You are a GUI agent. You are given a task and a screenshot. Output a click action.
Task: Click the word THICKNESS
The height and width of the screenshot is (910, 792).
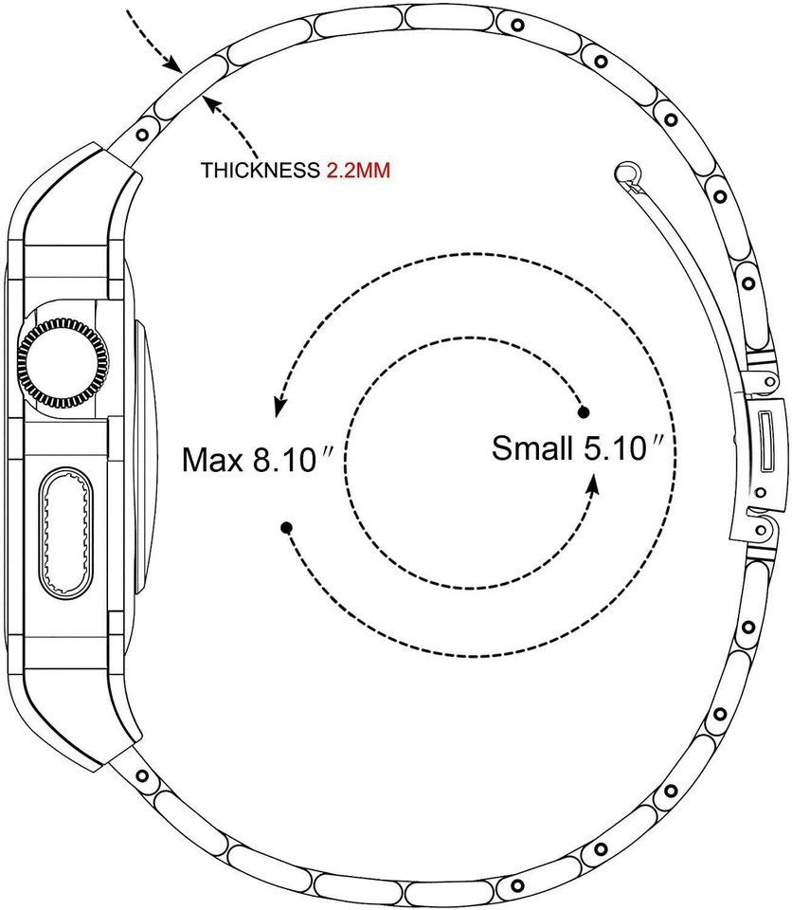point(259,172)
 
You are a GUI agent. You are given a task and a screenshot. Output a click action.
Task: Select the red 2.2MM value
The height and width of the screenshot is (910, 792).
point(359,172)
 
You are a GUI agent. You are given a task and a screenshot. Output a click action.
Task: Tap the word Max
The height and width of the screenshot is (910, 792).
point(212,461)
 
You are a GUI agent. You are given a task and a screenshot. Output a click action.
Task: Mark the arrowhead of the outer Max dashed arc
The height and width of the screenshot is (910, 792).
point(279,408)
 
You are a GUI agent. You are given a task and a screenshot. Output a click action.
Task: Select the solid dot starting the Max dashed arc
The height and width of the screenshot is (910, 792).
point(286,526)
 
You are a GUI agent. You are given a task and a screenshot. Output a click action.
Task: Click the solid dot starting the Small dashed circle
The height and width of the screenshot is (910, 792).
point(584,411)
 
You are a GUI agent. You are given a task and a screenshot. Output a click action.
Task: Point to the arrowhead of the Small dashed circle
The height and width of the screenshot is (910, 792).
point(593,484)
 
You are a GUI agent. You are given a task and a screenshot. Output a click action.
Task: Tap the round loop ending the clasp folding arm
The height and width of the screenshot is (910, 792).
point(625,172)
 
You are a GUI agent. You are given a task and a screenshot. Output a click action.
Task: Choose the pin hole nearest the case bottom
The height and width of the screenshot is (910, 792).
point(143,776)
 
